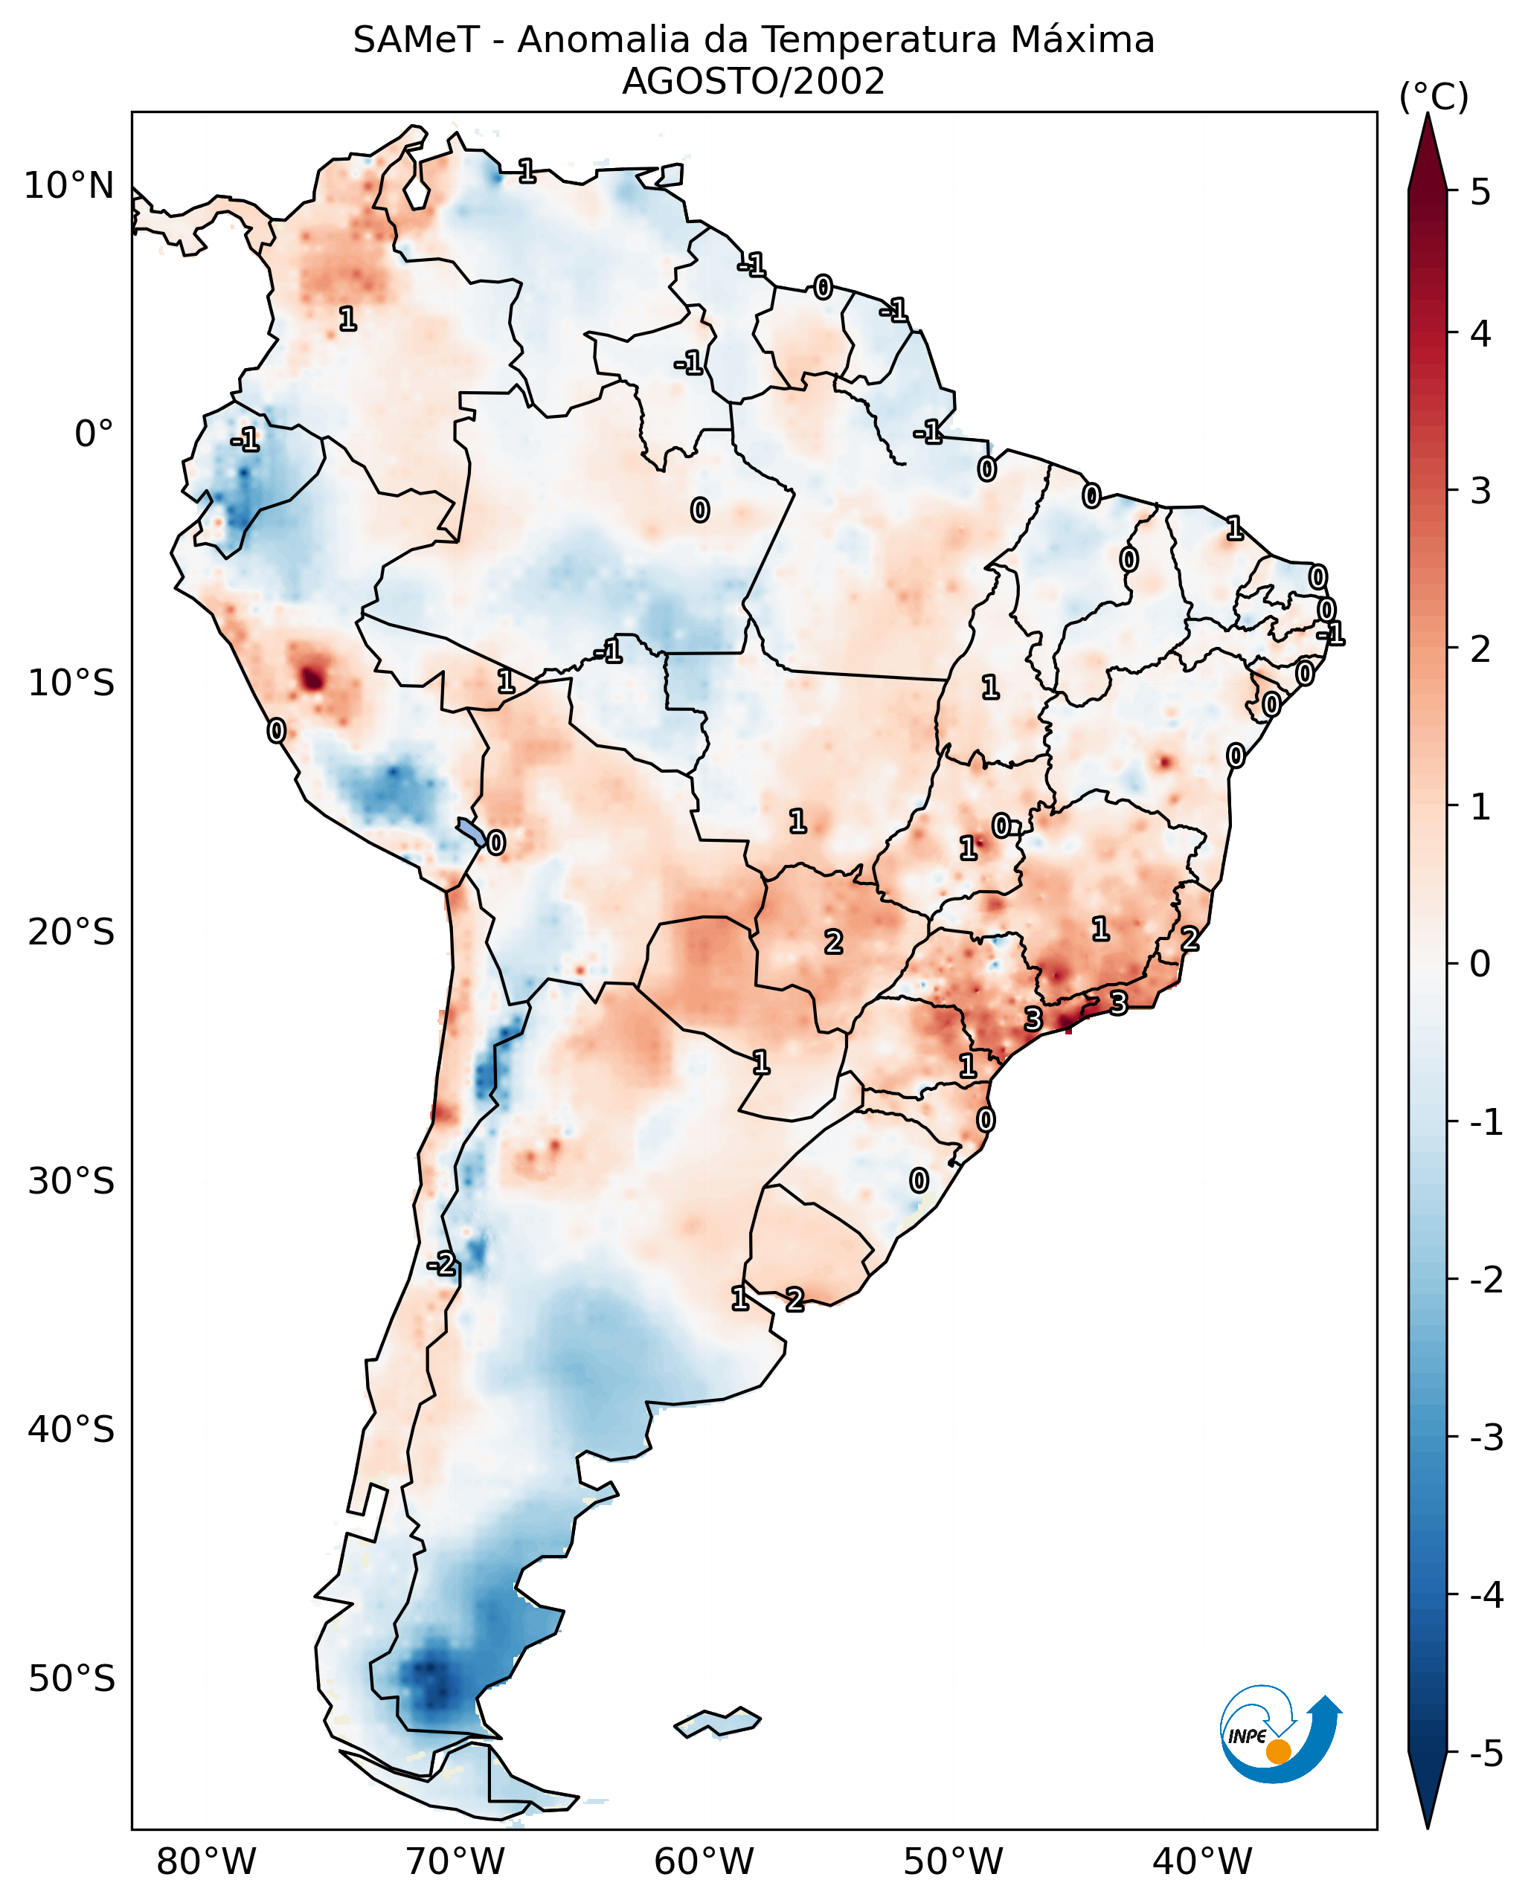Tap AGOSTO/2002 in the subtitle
(753, 82)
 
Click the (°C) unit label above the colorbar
(1434, 97)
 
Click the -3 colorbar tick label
(1486, 1437)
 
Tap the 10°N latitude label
(69, 186)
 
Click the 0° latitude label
(94, 434)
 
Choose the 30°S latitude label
(71, 1181)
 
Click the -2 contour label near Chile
(441, 1264)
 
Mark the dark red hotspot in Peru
(311, 678)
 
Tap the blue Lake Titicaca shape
(472, 831)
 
